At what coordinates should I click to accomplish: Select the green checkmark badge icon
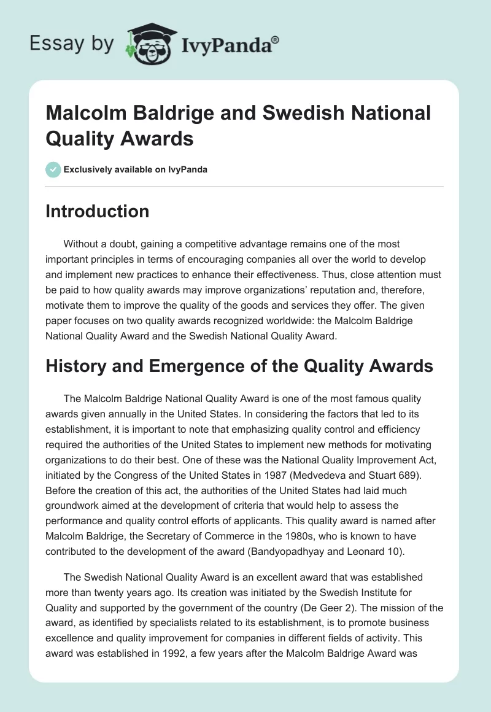click(x=53, y=169)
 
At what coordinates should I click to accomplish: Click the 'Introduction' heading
click(x=98, y=211)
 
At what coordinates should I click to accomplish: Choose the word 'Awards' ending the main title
click(x=161, y=139)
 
